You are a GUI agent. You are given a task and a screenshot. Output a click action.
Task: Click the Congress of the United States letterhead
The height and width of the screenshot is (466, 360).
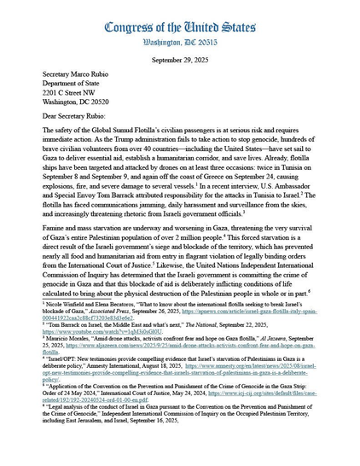point(180,26)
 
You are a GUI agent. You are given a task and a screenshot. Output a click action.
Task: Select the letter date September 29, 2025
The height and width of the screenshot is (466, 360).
point(180,60)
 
